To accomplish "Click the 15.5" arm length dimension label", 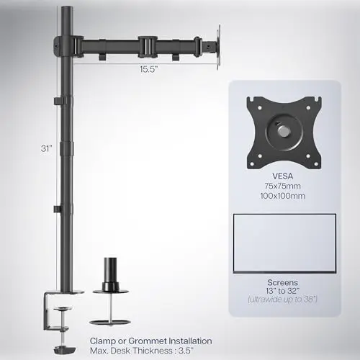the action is (x=149, y=69).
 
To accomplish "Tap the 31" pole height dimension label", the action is (x=46, y=148).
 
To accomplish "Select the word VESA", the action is (x=282, y=176).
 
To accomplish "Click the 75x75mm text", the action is (x=282, y=186).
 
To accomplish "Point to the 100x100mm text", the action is (x=282, y=196).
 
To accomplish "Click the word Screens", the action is (x=282, y=282).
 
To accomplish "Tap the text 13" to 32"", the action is (x=282, y=291).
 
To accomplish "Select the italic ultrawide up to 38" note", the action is (x=282, y=300).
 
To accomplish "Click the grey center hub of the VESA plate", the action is (x=284, y=131).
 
